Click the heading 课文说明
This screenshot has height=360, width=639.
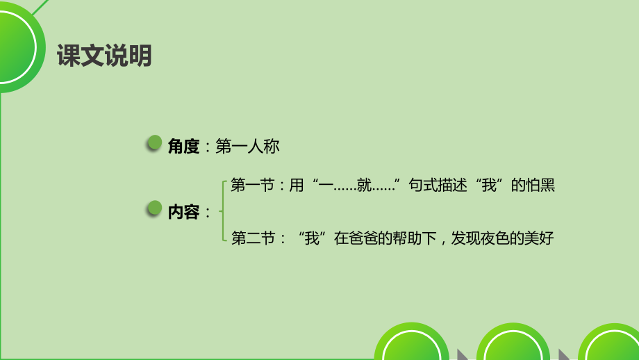coord(104,56)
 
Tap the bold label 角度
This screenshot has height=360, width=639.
coord(183,146)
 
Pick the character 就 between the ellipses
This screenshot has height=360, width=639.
coord(363,186)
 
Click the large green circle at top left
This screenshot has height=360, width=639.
coord(13,45)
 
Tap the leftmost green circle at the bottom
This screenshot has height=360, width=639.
coord(411,344)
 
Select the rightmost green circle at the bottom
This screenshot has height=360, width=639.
coord(611,344)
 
